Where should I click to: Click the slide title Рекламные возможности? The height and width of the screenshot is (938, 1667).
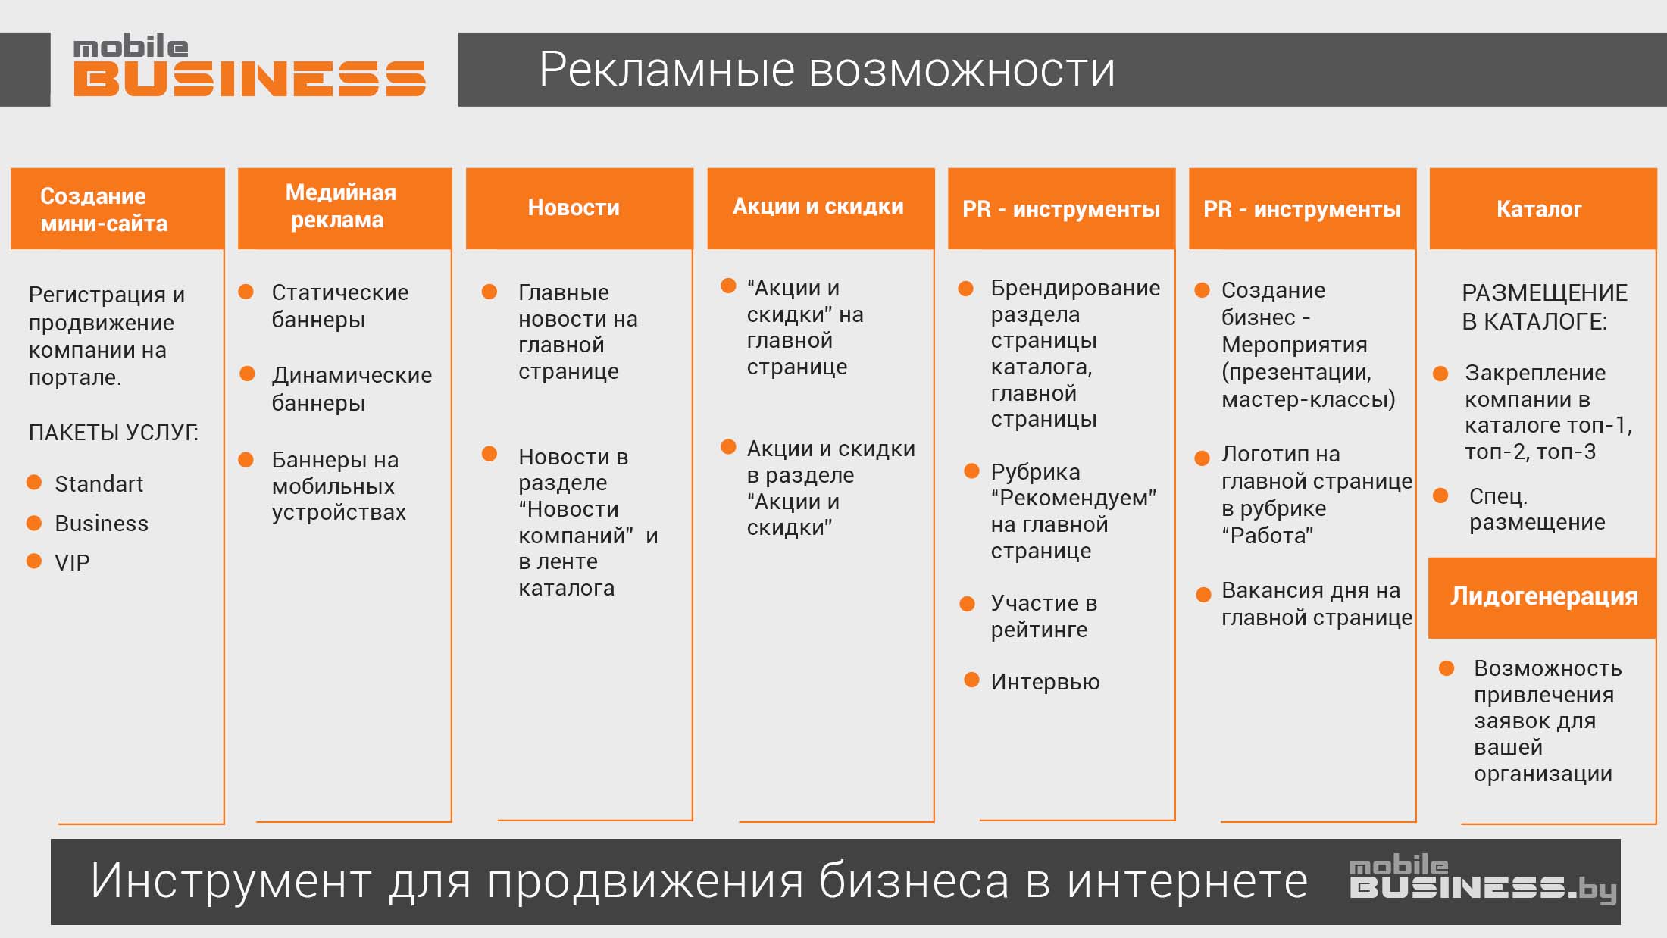tap(827, 70)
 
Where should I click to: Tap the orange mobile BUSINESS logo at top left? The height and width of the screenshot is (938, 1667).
tap(249, 67)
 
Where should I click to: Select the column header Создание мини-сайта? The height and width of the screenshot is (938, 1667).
tap(117, 209)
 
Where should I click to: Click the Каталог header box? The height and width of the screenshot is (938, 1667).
tap(1543, 208)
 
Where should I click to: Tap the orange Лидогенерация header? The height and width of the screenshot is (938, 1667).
tap(1543, 598)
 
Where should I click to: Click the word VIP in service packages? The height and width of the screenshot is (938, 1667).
tap(72, 563)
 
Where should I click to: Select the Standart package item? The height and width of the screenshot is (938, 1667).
tap(99, 484)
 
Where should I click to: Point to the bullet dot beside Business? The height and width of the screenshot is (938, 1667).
tap(34, 523)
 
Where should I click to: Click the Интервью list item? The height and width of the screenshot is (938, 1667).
tap(1045, 682)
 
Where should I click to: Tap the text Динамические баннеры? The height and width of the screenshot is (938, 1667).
tap(352, 389)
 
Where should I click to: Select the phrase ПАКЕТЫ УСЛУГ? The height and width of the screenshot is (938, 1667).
tap(114, 433)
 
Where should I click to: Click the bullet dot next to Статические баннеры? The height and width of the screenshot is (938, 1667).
tap(246, 292)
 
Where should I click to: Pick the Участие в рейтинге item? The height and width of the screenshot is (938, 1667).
tap(1044, 616)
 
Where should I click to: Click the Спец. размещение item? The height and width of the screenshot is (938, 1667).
tap(1537, 509)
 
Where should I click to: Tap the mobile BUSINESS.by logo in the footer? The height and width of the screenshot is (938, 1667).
tap(1483, 879)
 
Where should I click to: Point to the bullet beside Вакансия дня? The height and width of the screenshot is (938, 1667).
tap(1203, 595)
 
